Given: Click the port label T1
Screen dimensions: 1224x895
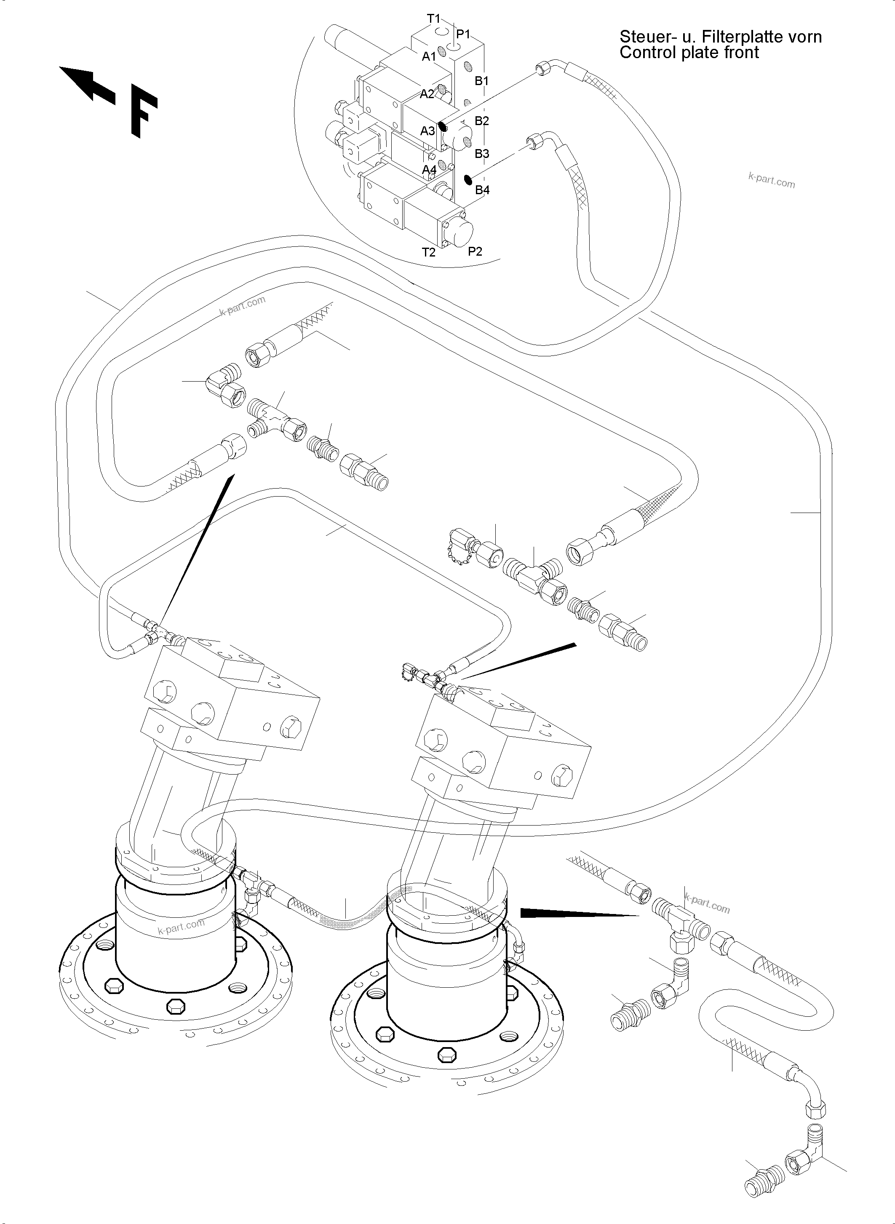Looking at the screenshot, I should pyautogui.click(x=433, y=19).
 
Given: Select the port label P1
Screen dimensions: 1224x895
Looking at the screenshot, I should pyautogui.click(x=463, y=34).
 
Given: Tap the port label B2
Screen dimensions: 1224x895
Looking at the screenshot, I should pyautogui.click(x=482, y=121).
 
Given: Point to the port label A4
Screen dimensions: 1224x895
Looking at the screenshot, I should pyautogui.click(x=429, y=170).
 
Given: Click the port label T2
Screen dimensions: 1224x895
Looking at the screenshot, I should pyautogui.click(x=428, y=252).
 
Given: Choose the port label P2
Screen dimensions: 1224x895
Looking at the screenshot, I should pyautogui.click(x=475, y=251).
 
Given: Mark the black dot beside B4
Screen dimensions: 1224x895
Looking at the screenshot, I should pyautogui.click(x=468, y=179).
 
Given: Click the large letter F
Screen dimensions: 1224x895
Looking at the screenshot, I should pyautogui.click(x=143, y=115).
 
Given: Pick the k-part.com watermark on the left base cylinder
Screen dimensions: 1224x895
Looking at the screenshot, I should pyautogui.click(x=181, y=925).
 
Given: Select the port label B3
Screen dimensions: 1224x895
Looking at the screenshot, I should pyautogui.click(x=482, y=154).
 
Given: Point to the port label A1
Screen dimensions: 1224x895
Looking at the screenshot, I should pyautogui.click(x=429, y=56).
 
